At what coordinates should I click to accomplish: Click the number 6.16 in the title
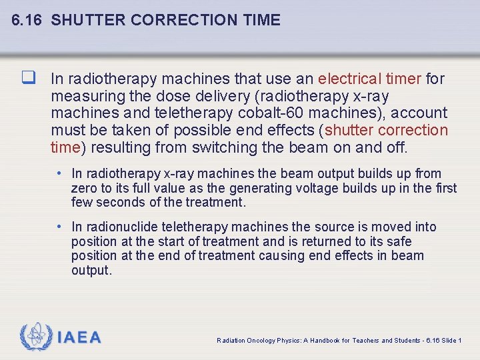click(27, 20)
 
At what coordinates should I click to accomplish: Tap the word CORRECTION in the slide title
click(173, 20)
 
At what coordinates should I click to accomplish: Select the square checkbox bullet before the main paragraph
click(27, 78)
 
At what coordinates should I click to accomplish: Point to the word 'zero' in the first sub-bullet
click(84, 188)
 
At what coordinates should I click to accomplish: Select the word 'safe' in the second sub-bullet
click(398, 241)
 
